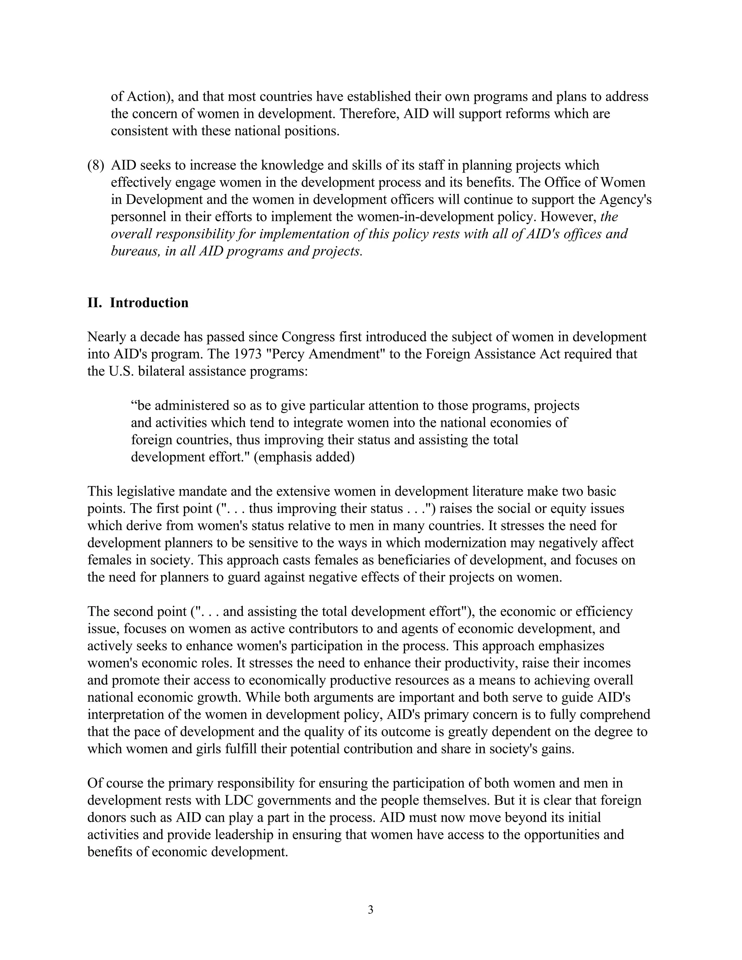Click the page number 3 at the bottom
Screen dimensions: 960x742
[x=370, y=909]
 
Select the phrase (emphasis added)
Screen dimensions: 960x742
[x=304, y=457]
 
